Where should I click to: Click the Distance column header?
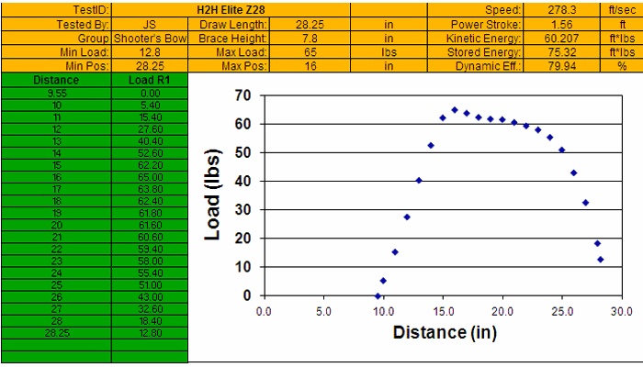pos(55,81)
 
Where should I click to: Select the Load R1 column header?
pos(149,81)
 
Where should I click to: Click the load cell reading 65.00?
pos(149,176)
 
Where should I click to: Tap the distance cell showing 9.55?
pos(55,93)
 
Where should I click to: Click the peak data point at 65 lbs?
pos(455,110)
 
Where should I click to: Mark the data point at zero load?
pos(378,295)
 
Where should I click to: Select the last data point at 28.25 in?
pos(601,259)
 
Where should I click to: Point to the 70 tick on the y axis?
pos(243,95)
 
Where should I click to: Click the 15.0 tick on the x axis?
pos(443,311)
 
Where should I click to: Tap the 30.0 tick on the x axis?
pos(622,311)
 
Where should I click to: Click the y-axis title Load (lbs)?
pos(212,195)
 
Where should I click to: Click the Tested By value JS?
pos(149,24)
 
